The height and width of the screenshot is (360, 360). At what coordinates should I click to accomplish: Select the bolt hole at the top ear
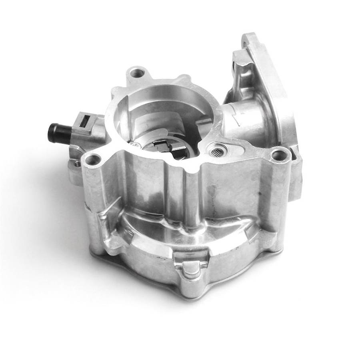pyautogui.click(x=138, y=73)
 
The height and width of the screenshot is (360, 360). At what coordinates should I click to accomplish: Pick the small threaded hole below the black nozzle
pyautogui.click(x=77, y=164)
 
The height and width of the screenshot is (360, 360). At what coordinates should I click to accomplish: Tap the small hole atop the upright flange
pyautogui.click(x=249, y=41)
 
